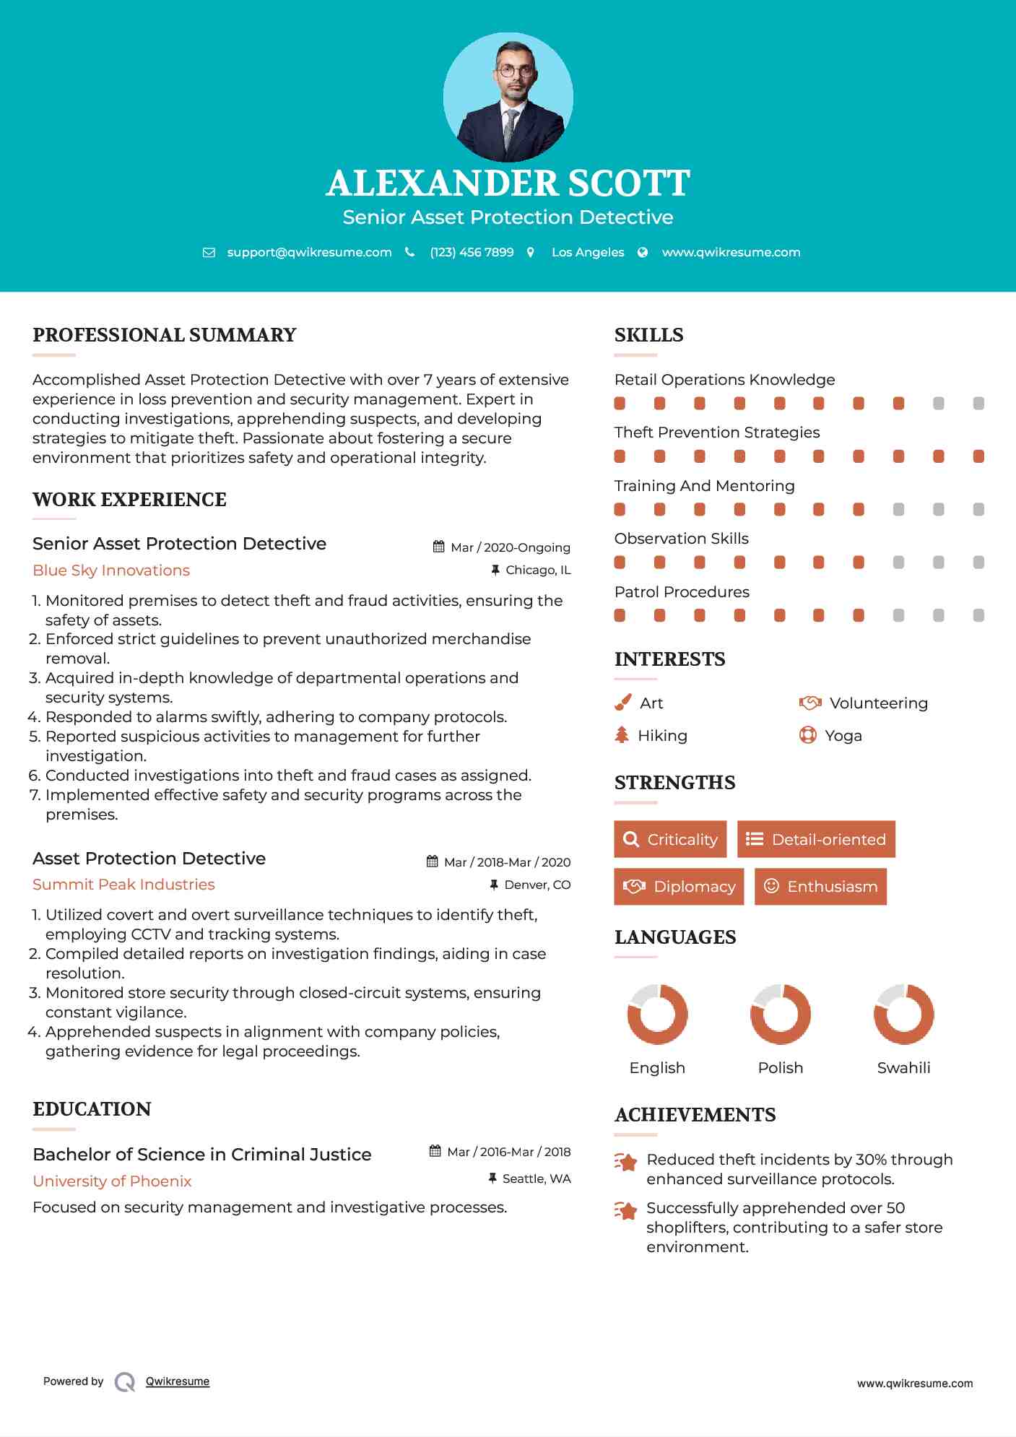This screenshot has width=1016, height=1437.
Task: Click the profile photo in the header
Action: coord(508,97)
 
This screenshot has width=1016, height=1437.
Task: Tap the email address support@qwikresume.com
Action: coord(309,252)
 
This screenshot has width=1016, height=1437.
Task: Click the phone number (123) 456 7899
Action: coord(472,252)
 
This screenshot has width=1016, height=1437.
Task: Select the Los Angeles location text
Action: coord(587,252)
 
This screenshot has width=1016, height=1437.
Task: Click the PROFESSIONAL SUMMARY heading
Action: coord(165,335)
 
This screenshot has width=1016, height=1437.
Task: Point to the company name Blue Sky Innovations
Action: coord(111,570)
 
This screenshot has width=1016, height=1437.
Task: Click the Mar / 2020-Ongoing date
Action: coord(510,547)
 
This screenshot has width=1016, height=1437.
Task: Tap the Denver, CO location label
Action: coord(537,885)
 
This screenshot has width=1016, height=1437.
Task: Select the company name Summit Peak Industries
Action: coord(123,885)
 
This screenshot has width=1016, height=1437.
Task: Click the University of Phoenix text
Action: coord(112,1181)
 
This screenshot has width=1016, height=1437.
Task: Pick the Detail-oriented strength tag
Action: coord(816,839)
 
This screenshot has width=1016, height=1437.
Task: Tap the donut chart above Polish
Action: coord(780,1014)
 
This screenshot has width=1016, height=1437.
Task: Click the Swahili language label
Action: coord(903,1068)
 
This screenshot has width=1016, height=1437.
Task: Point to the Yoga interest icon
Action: coord(807,735)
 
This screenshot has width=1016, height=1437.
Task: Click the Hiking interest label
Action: coord(662,736)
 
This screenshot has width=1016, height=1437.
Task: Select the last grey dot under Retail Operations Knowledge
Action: coord(978,403)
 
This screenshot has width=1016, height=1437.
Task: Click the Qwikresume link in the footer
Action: coord(178,1381)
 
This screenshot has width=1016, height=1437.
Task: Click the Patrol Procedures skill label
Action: coord(682,592)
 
